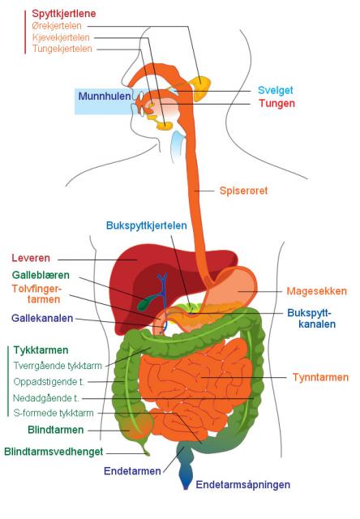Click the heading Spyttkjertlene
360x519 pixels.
(x=64, y=14)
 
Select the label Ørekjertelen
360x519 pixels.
(x=57, y=25)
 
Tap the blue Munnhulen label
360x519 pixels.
(x=105, y=97)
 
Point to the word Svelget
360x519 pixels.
(x=276, y=90)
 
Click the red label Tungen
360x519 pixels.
(x=276, y=103)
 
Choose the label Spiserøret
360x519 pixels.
(x=243, y=191)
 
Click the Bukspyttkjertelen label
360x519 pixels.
(x=146, y=225)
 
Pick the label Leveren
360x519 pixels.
(x=31, y=258)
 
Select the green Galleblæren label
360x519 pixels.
(x=41, y=275)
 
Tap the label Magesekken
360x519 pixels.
(x=317, y=291)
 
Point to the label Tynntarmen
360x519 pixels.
(x=320, y=377)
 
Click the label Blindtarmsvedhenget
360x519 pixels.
(x=54, y=452)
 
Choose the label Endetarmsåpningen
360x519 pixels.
(x=243, y=485)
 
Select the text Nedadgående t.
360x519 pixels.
(x=46, y=398)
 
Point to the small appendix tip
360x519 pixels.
(x=147, y=453)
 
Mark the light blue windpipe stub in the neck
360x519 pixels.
(x=177, y=145)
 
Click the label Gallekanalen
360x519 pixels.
(x=42, y=319)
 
